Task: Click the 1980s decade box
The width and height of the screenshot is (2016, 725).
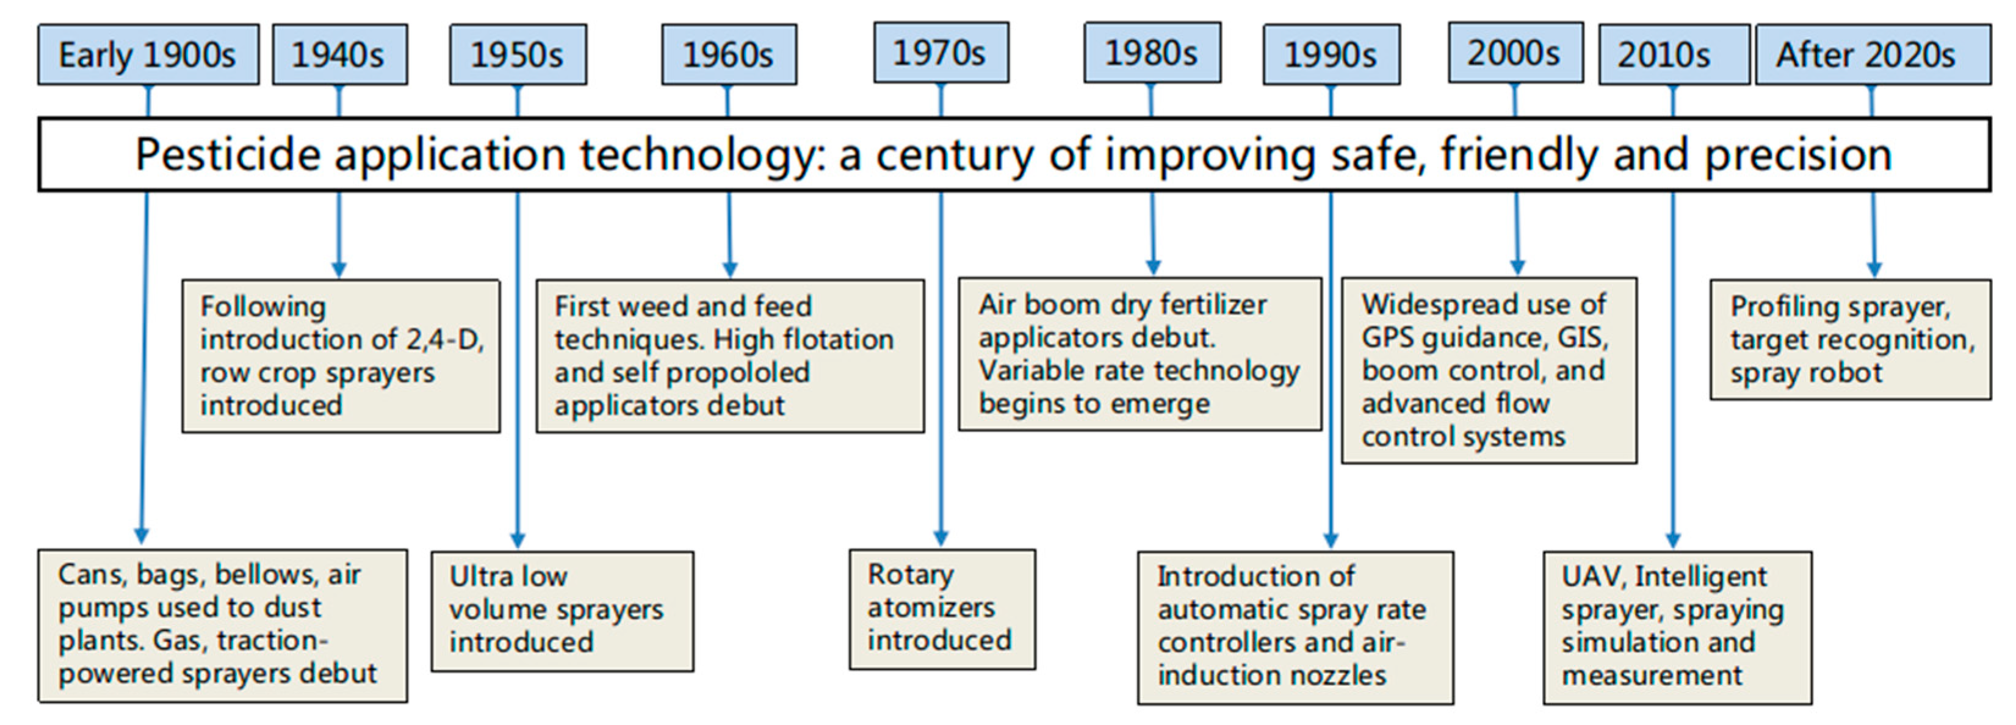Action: [x=1152, y=52]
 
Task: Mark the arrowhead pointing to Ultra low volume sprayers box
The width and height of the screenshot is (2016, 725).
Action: [x=518, y=541]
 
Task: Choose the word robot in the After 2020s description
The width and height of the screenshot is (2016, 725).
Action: [x=1844, y=373]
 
